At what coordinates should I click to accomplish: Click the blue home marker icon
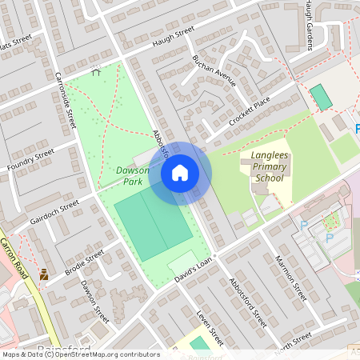179,173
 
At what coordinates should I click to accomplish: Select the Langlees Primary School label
268,170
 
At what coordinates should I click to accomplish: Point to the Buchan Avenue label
214,71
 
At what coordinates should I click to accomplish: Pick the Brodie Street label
85,261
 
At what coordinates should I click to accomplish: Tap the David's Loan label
195,270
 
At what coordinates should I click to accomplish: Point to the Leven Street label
210,329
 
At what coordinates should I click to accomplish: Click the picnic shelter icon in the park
96,70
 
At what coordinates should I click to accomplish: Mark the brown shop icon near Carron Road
43,274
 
